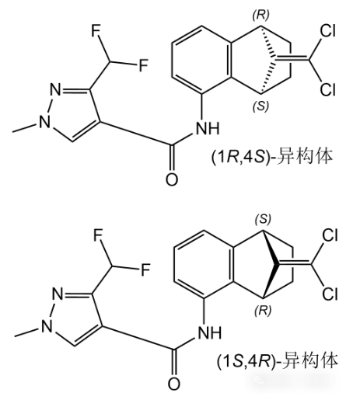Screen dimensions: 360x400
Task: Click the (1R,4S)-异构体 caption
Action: tap(271, 157)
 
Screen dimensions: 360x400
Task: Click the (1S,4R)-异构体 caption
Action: tap(278, 361)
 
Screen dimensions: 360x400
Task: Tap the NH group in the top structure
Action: tap(208, 128)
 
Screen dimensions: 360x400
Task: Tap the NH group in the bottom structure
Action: tap(210, 333)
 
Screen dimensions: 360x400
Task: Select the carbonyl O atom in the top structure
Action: tap(172, 179)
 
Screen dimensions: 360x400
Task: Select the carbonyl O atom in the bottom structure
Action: tap(174, 384)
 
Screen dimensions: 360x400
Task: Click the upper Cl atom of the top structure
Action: tap(328, 31)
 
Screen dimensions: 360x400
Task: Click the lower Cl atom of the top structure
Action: tap(328, 89)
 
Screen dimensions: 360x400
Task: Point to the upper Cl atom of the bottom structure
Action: tap(330, 235)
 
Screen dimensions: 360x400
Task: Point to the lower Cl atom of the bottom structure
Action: tap(330, 294)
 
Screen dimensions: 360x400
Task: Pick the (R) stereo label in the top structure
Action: tap(261, 16)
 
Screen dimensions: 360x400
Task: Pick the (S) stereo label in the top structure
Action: tap(260, 106)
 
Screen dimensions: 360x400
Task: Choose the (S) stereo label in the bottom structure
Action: tap(263, 220)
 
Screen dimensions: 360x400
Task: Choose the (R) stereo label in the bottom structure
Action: tap(263, 311)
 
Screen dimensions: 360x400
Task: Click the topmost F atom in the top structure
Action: tap(96, 31)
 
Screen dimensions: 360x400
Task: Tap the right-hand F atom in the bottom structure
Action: tap(145, 270)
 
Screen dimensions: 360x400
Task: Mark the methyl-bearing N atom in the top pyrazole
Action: tap(45, 121)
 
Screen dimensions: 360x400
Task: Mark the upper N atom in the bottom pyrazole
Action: tap(58, 294)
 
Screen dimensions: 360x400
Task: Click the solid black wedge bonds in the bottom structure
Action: tap(271, 264)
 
